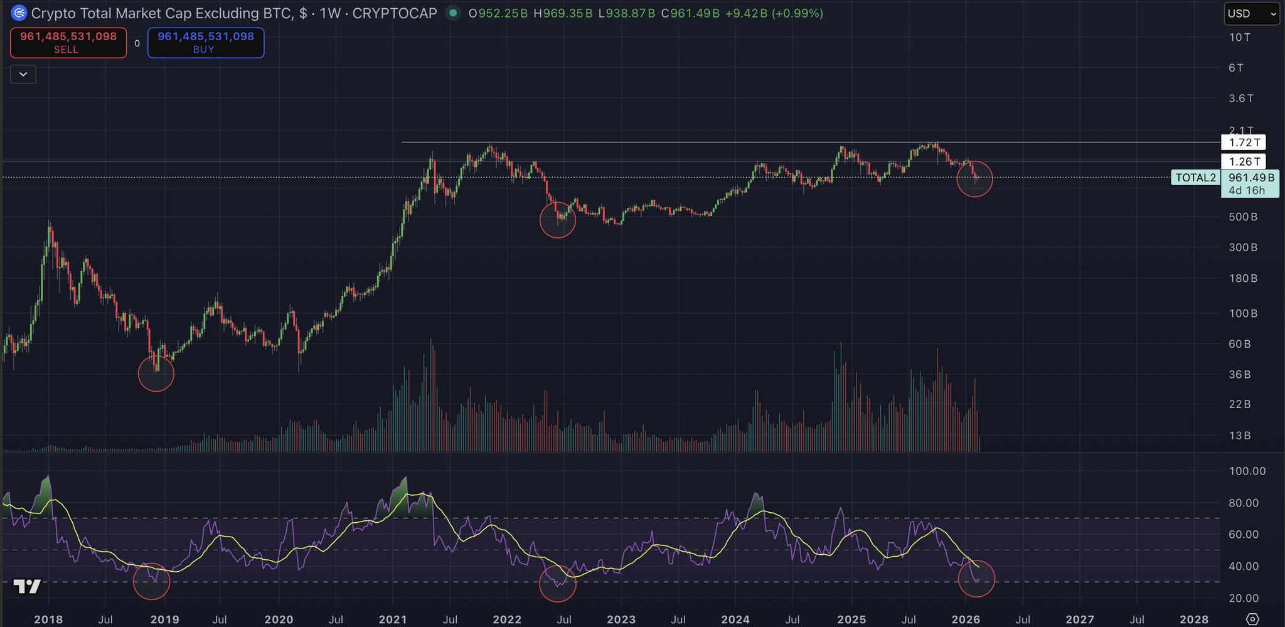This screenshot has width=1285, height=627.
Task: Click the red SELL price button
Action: point(68,43)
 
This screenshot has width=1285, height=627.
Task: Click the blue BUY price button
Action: point(206,43)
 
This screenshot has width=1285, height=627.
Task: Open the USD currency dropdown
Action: point(1251,14)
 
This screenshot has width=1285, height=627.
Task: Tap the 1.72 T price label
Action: point(1244,143)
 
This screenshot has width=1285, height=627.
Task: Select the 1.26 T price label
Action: point(1244,162)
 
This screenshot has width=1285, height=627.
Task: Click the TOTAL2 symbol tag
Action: point(1195,178)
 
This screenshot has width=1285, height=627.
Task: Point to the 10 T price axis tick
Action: point(1239,38)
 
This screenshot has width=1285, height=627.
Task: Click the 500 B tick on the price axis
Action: point(1243,217)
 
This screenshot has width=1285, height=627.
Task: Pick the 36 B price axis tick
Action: point(1239,375)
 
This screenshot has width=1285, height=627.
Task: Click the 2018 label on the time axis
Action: point(48,619)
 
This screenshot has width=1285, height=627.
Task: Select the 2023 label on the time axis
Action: point(621,619)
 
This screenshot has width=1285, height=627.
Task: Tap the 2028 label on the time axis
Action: point(1193,619)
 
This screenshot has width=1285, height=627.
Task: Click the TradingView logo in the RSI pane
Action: point(27,587)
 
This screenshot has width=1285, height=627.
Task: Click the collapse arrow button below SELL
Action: point(23,75)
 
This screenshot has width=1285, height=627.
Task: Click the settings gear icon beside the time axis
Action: point(1252,619)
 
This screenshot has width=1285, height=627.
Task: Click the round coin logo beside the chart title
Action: point(19,13)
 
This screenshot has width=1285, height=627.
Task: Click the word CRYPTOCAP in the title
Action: point(395,13)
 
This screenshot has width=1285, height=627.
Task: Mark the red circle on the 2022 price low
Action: point(558,220)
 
